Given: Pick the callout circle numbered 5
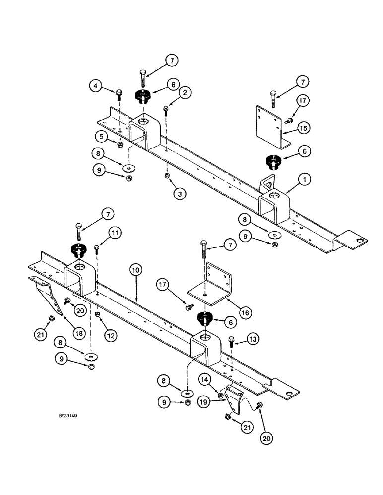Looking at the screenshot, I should (x=101, y=136).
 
